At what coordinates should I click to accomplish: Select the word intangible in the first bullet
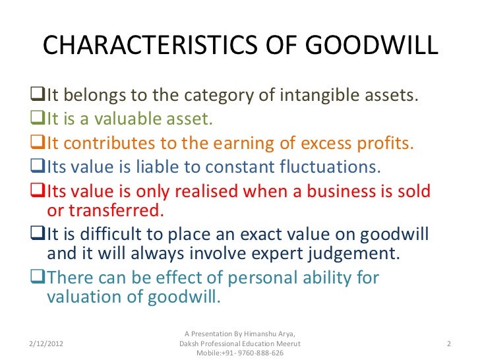(300, 97)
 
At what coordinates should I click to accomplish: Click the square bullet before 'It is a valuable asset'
(37, 121)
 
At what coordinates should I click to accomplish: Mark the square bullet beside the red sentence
(37, 192)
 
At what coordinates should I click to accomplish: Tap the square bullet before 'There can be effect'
(37, 278)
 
